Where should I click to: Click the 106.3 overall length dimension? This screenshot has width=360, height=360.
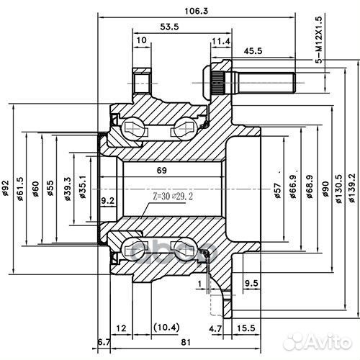pos(196,11)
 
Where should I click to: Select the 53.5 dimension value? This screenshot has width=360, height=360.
pos(169,27)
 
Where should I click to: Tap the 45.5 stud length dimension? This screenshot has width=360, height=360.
pos(253,51)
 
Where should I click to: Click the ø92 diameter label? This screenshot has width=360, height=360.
pos(5,189)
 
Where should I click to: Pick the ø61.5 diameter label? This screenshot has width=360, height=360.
pos(19,189)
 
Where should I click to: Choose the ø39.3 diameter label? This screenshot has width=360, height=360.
pos(68,189)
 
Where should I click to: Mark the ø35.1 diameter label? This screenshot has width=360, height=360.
pos(83,186)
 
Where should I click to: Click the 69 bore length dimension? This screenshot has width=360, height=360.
pos(161,171)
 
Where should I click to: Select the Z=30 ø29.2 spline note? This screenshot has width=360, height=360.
pos(173,197)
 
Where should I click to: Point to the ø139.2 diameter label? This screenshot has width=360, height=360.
pos(352,188)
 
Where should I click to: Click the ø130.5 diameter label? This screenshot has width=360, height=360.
pos(338,189)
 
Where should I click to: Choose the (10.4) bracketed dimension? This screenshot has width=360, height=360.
pos(166,328)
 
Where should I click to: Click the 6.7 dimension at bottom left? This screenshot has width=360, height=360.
pos(104,343)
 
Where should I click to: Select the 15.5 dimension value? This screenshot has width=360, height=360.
pos(246,328)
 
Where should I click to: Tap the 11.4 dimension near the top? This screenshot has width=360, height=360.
pos(221,41)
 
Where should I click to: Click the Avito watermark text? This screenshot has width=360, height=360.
pos(328,341)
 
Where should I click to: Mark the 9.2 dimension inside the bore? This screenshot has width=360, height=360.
pos(107,200)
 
